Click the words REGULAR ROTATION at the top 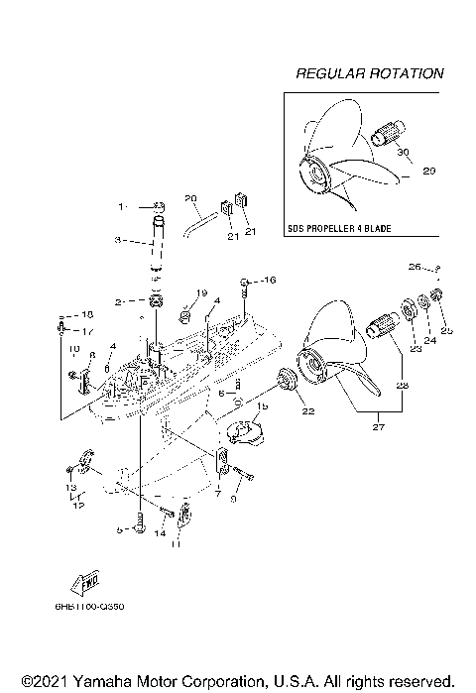369,73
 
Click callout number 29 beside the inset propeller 428,171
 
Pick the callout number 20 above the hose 191,198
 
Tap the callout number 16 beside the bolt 270,282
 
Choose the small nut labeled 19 185,316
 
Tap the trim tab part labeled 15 241,432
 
